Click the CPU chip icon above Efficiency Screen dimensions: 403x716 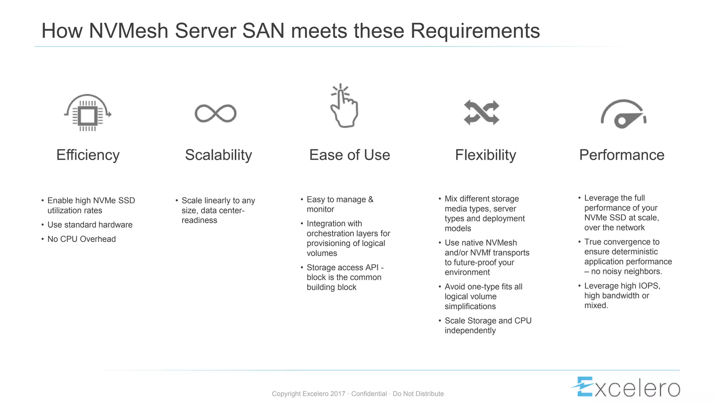pyautogui.click(x=87, y=113)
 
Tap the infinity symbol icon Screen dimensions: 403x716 pyautogui.click(x=215, y=113)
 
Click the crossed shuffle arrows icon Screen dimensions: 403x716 pyautogui.click(x=481, y=113)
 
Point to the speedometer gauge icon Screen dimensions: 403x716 pyautogui.click(x=623, y=114)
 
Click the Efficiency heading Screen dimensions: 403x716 pyautogui.click(x=88, y=155)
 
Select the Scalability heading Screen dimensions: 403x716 pyautogui.click(x=218, y=155)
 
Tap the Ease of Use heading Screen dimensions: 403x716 pyautogui.click(x=349, y=155)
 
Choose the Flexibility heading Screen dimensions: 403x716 pyautogui.click(x=485, y=155)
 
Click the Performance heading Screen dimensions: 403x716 pyautogui.click(x=622, y=155)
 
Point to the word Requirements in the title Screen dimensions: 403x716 pyautogui.click(x=475, y=31)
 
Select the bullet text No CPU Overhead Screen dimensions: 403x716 pyautogui.click(x=81, y=239)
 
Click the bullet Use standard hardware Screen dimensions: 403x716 pyautogui.click(x=90, y=225)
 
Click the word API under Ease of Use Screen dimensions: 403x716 pyautogui.click(x=372, y=268)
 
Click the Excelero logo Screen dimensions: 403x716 pyautogui.click(x=626, y=387)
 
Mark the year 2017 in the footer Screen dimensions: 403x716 pyautogui.click(x=338, y=394)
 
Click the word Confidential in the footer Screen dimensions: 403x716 pyautogui.click(x=369, y=394)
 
